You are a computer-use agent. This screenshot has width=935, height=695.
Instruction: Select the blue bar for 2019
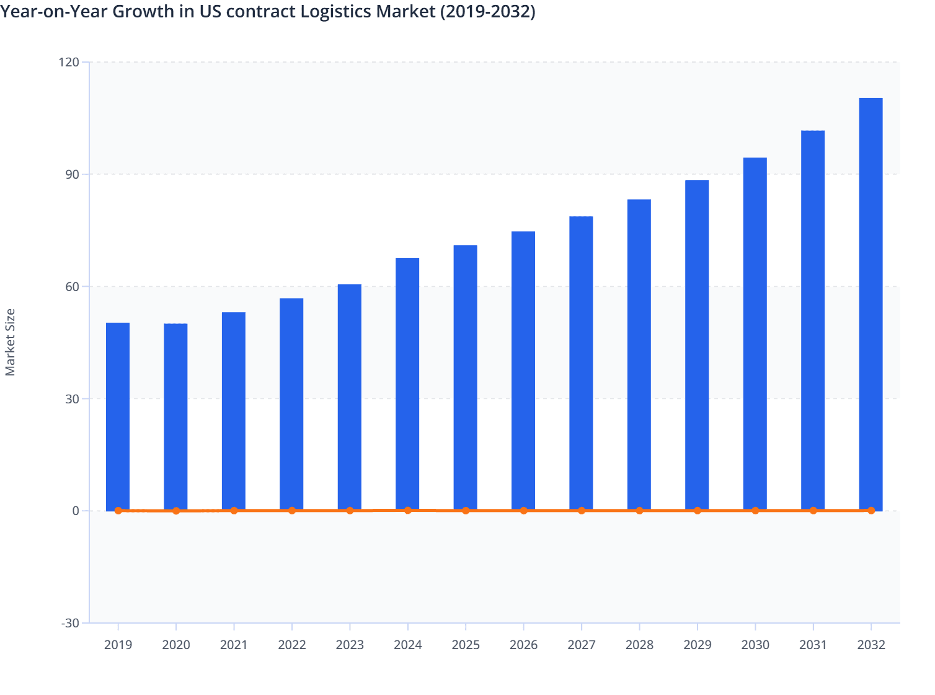(x=118, y=416)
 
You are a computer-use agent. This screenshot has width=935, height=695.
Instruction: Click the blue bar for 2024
(x=407, y=384)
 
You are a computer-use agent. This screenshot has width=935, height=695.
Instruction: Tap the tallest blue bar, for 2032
(x=871, y=304)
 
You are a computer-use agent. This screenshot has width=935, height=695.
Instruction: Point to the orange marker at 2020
(x=176, y=511)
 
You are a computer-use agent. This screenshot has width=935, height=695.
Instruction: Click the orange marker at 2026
(x=523, y=511)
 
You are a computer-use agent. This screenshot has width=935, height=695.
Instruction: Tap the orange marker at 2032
(x=871, y=510)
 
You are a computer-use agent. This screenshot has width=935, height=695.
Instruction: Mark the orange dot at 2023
(x=350, y=510)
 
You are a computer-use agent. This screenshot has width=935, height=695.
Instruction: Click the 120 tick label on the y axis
(x=69, y=62)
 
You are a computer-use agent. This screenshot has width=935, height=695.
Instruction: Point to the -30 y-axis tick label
(x=70, y=623)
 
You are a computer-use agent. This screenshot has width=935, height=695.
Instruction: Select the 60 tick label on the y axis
(x=72, y=287)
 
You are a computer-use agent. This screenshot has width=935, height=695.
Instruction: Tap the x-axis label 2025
(x=466, y=645)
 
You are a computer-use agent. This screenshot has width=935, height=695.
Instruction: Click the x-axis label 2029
(x=697, y=645)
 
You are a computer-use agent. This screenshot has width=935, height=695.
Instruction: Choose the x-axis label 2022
(x=292, y=645)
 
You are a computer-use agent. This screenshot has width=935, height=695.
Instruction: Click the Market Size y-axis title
(x=10, y=343)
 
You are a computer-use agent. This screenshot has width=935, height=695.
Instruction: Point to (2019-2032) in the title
(x=487, y=12)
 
